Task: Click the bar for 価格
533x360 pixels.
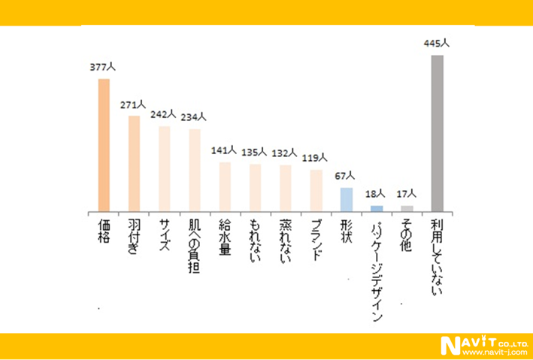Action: point(104,144)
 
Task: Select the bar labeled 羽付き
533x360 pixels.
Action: point(134,163)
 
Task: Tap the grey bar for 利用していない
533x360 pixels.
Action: point(437,133)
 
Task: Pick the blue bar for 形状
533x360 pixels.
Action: point(346,199)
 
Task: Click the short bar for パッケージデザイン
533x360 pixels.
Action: point(377,208)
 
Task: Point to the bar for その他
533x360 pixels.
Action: point(407,208)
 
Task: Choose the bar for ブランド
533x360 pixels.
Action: point(316,190)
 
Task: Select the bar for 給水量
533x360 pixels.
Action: point(225,186)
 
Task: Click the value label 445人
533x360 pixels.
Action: point(437,44)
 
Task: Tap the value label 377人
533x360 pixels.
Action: point(103,68)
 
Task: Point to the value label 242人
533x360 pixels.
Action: point(163,115)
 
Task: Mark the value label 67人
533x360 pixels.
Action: point(346,177)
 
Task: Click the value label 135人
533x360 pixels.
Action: point(255,151)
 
